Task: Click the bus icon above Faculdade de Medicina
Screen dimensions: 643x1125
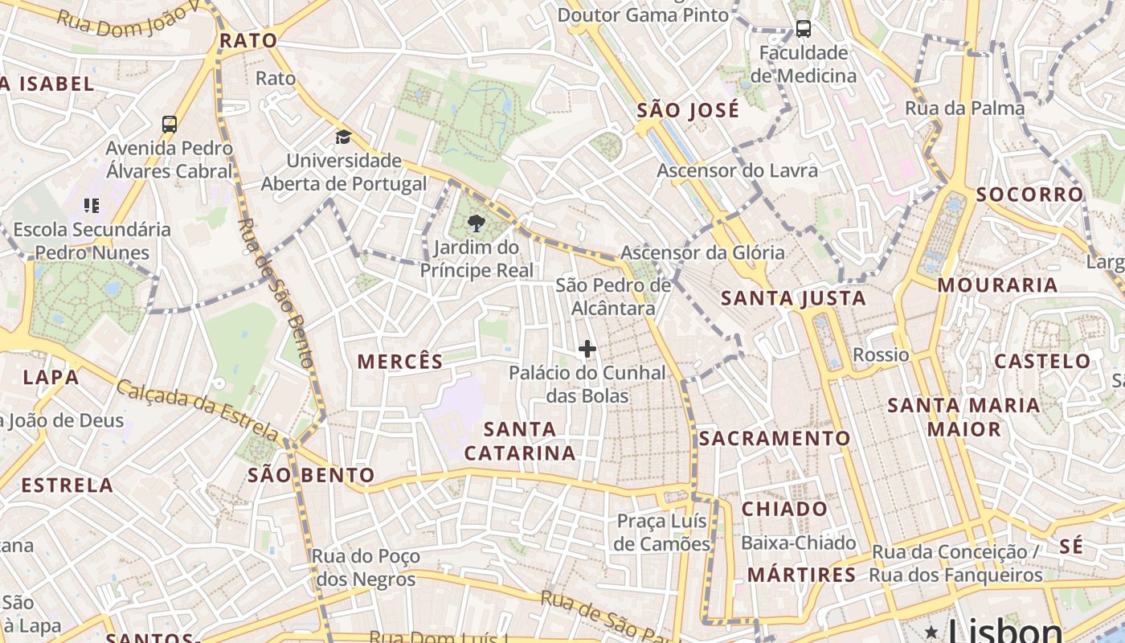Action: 803,30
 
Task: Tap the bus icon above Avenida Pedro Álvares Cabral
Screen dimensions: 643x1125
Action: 170,125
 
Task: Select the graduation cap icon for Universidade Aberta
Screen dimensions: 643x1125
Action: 343,137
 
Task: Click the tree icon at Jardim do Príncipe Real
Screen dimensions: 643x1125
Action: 476,223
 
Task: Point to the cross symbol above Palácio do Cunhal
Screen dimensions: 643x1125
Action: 587,349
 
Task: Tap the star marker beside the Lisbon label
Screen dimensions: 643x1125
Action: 931,632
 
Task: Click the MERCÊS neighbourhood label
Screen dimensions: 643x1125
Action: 400,362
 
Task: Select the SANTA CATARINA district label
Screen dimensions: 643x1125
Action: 520,441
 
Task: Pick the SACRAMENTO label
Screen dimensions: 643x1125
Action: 774,438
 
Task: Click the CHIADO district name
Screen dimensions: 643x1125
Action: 783,509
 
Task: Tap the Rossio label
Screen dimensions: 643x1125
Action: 881,355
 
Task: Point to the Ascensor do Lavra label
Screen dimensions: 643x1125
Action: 737,170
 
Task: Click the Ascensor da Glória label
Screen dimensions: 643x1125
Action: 702,252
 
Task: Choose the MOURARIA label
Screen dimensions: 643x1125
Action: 996,285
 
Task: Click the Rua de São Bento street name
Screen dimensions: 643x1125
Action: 276,293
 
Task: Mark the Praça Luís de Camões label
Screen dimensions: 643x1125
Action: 662,532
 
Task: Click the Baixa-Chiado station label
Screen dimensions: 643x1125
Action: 798,543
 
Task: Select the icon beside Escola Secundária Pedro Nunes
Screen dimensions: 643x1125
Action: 92,206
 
